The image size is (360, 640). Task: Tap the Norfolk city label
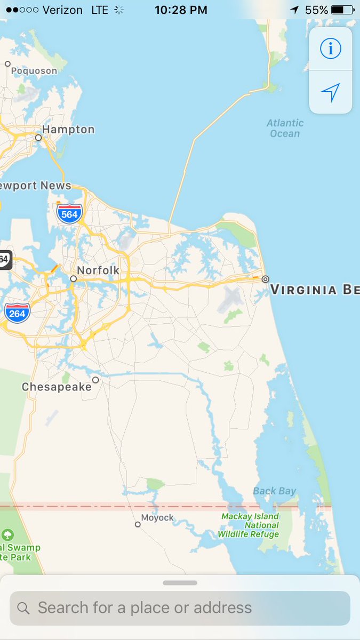click(x=98, y=270)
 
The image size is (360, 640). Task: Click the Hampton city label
click(x=68, y=130)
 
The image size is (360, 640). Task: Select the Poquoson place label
click(x=34, y=71)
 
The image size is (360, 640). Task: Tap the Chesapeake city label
click(x=57, y=387)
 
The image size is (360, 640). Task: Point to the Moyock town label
click(x=158, y=518)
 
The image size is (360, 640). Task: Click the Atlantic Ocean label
click(x=285, y=128)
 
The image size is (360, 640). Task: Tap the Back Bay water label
click(x=275, y=491)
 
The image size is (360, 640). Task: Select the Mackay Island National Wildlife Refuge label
click(x=250, y=525)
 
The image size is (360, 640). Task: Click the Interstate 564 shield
click(x=69, y=213)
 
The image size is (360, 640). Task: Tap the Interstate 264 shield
click(x=17, y=313)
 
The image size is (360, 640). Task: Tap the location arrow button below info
click(x=330, y=92)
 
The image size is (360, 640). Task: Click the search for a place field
click(x=180, y=607)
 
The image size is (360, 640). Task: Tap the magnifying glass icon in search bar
click(x=23, y=608)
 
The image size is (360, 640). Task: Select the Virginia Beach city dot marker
click(x=265, y=279)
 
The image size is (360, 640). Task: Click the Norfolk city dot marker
click(x=74, y=278)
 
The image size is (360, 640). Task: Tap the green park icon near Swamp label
click(x=7, y=534)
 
